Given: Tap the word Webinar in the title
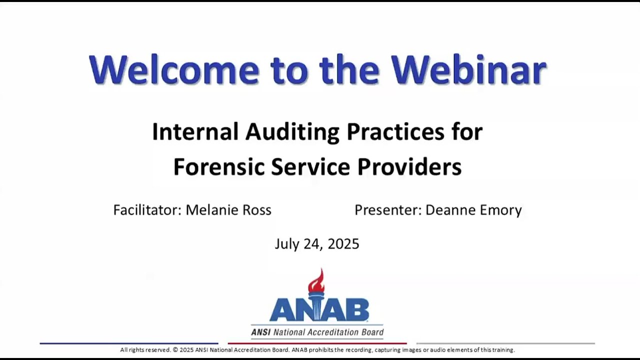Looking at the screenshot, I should click(468, 69).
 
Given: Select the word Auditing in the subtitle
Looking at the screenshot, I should click(292, 132).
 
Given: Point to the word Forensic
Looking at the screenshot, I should click(219, 167).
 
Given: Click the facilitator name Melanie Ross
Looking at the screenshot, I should click(228, 210).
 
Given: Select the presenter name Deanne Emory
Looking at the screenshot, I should click(473, 210).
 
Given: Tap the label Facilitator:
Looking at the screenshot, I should click(147, 210).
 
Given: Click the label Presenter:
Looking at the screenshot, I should click(388, 210).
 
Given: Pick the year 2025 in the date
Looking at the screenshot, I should click(343, 244).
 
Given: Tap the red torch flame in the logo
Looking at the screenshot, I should click(316, 281).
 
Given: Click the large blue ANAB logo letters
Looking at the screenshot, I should click(319, 310).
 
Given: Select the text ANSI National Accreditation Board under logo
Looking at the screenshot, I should click(317, 332).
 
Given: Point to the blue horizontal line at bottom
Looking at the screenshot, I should click(129, 343).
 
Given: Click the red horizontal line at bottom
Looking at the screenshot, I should click(317, 343).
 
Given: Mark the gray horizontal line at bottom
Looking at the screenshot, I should click(505, 343).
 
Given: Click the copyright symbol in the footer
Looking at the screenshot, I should click(175, 350).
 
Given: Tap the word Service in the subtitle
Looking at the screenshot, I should click(310, 167).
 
